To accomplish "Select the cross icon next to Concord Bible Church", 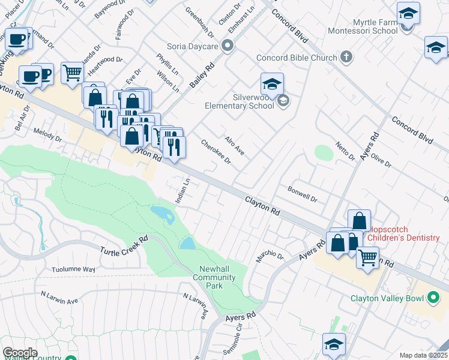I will click(346, 57).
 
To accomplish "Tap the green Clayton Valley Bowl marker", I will click(433, 298).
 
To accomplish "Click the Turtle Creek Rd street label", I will click(124, 246).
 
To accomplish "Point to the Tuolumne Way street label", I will click(73, 269).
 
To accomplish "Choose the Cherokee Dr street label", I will click(216, 152).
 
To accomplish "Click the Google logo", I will click(20, 352).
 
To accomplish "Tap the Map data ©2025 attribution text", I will click(424, 355).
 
